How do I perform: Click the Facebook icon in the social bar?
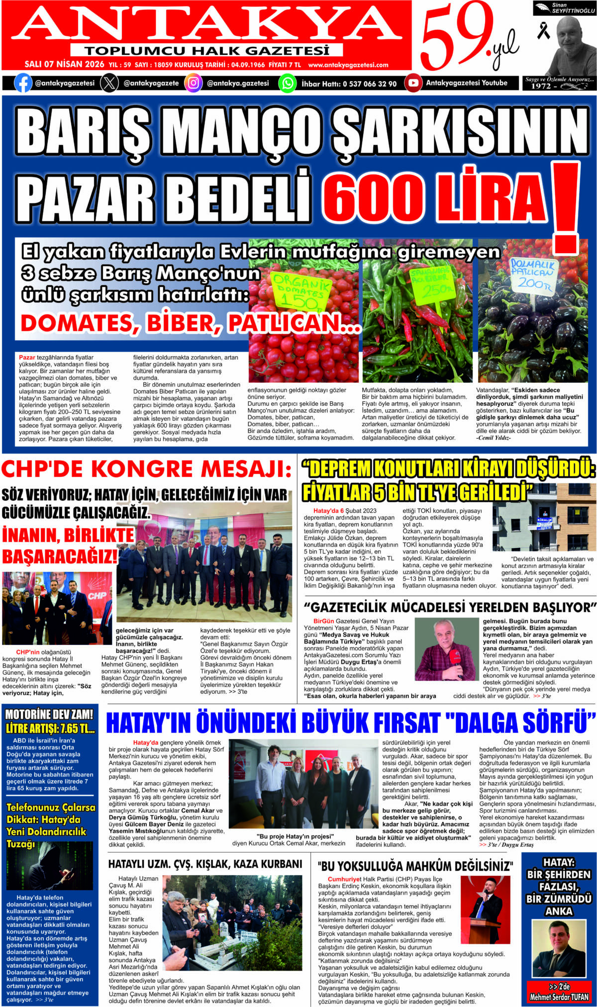(23, 83)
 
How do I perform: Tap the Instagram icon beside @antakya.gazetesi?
(194, 83)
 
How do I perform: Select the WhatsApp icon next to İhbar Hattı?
(288, 83)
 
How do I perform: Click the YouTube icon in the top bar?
(413, 83)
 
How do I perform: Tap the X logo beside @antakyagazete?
(109, 83)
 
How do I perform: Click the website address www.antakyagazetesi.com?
(348, 65)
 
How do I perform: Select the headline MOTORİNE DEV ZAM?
(49, 715)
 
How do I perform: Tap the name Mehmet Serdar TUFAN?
(559, 997)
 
